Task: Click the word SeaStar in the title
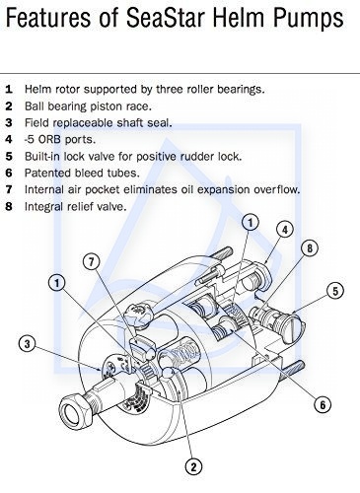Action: (166, 17)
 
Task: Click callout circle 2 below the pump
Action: (193, 466)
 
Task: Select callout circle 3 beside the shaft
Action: (28, 344)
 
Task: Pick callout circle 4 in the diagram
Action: (285, 230)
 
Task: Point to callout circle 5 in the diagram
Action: (335, 291)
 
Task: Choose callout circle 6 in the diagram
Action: (323, 404)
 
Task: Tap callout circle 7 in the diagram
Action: (92, 261)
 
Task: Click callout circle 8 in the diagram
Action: (310, 248)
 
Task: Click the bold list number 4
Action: (9, 139)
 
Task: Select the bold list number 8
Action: (9, 206)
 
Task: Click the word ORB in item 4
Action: (49, 139)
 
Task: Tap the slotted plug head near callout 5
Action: (292, 329)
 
